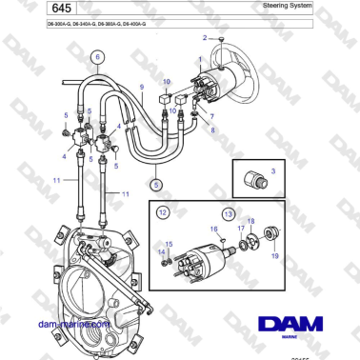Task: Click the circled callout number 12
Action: pyautogui.click(x=163, y=210)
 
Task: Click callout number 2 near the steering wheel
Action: pyautogui.click(x=204, y=37)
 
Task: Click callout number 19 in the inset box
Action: pyautogui.click(x=273, y=255)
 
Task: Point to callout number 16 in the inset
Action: pyautogui.click(x=214, y=230)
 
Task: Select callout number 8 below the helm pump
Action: pyautogui.click(x=213, y=130)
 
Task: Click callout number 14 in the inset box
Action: pyautogui.click(x=161, y=251)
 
